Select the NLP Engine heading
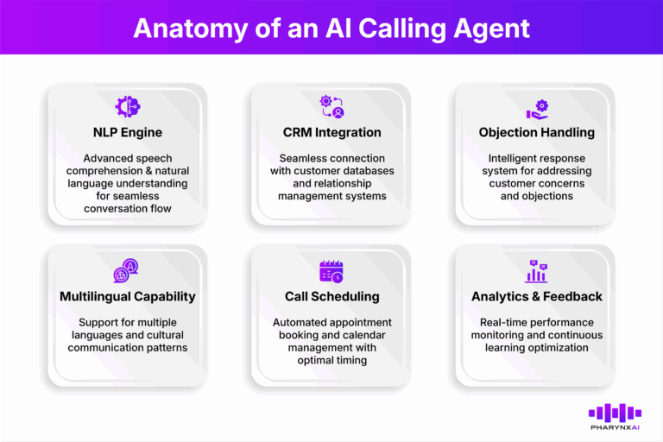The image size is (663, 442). pyautogui.click(x=127, y=133)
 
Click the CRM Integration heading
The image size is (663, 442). pyautogui.click(x=331, y=133)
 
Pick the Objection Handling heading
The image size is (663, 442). pyautogui.click(x=535, y=133)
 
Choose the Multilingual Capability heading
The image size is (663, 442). pyautogui.click(x=127, y=296)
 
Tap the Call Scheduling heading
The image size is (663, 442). pyautogui.click(x=331, y=296)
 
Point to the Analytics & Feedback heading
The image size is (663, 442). pyautogui.click(x=535, y=296)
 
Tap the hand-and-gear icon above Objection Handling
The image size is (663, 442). pyautogui.click(x=535, y=109)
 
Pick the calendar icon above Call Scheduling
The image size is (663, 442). pyautogui.click(x=331, y=271)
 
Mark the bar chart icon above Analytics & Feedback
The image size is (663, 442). pyautogui.click(x=535, y=271)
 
